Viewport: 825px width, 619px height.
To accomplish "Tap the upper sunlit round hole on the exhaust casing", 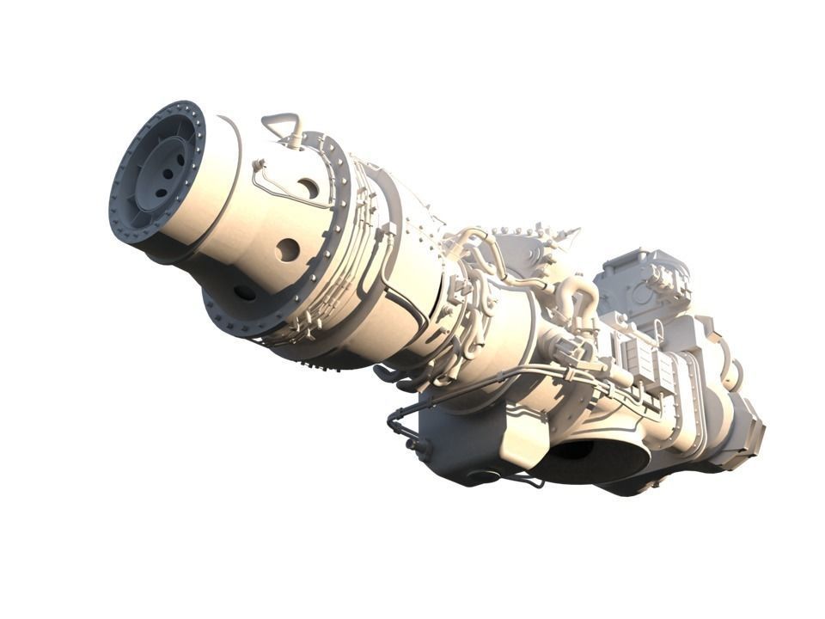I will pyautogui.click(x=307, y=187).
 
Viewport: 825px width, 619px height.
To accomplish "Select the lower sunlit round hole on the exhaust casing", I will pyautogui.click(x=287, y=249).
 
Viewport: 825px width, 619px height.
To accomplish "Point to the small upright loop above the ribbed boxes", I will pyautogui.click(x=658, y=328).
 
